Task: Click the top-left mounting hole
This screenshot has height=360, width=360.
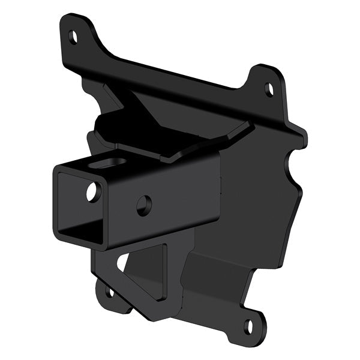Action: [x=73, y=37]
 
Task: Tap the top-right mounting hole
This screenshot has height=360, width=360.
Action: [x=269, y=90]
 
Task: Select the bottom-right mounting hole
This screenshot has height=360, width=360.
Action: [x=248, y=326]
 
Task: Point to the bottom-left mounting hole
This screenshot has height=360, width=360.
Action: [x=109, y=293]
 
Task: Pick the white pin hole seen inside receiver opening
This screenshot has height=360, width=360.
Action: [x=92, y=192]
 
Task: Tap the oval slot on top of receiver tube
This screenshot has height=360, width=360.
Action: [x=113, y=162]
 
